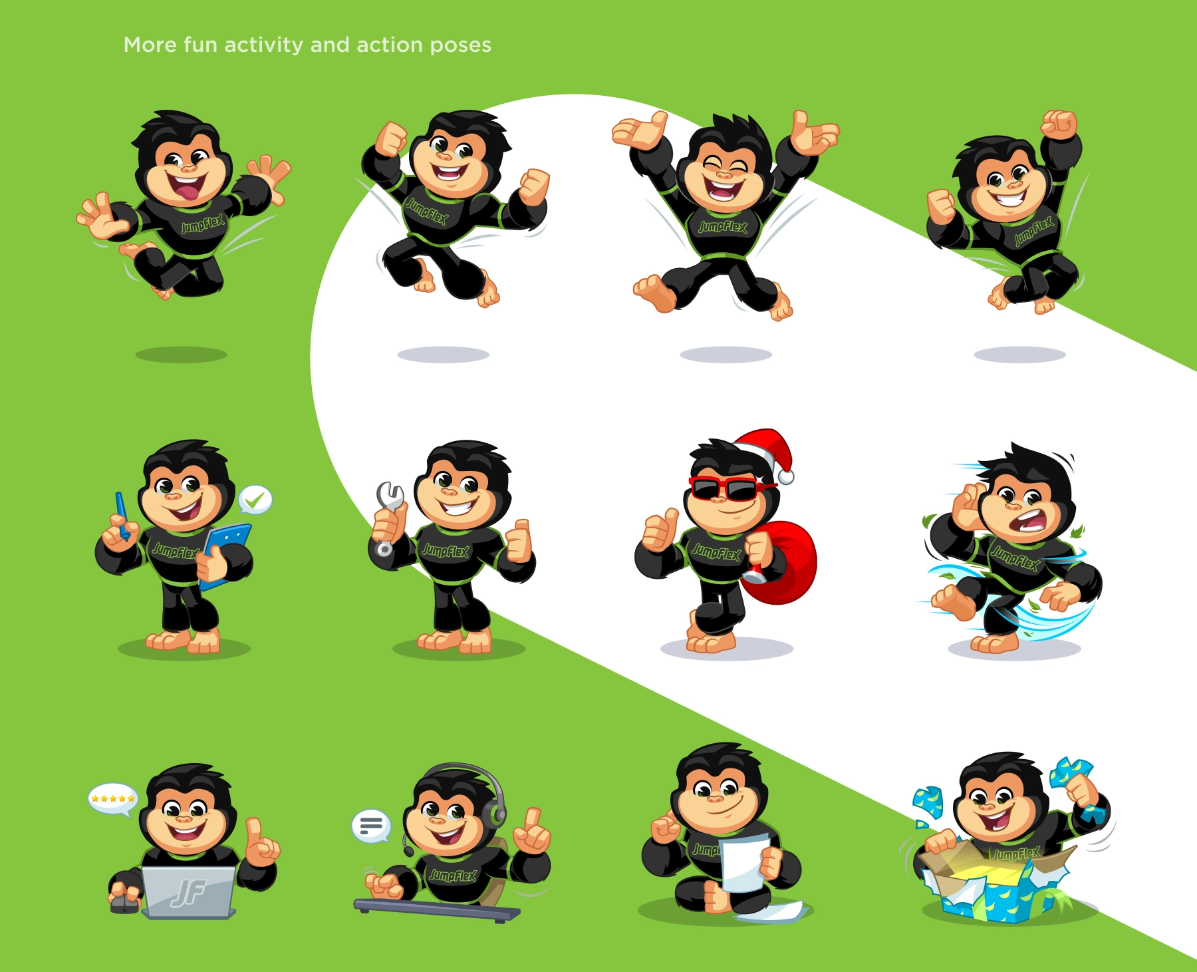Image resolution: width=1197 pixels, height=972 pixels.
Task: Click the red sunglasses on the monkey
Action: pos(728,488)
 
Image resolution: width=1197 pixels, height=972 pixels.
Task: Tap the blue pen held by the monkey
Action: pos(122,514)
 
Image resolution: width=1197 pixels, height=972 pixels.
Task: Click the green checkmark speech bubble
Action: pos(255,500)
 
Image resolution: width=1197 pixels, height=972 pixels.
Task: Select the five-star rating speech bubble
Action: pos(113,798)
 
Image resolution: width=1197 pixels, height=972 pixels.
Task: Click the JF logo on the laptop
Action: pos(188,892)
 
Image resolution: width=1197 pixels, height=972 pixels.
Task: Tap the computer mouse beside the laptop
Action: pos(125,903)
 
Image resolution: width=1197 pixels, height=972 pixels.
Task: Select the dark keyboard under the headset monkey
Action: pos(437,909)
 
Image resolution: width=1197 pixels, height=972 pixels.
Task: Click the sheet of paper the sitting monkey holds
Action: pos(745,864)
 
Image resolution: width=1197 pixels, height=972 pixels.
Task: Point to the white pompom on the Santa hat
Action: pos(786,476)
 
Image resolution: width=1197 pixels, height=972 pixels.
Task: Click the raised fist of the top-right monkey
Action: pos(1059,124)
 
